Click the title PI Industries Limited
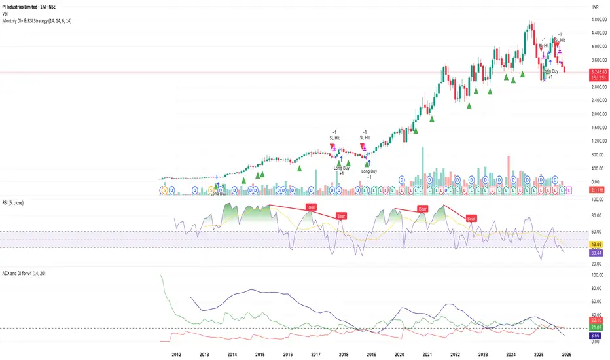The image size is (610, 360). click(x=31, y=5)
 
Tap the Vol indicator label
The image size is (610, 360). click(x=6, y=13)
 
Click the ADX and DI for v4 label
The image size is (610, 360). click(x=31, y=272)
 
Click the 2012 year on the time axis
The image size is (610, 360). click(x=177, y=353)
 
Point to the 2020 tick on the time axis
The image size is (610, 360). click(x=399, y=353)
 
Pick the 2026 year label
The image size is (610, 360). click(x=567, y=353)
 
